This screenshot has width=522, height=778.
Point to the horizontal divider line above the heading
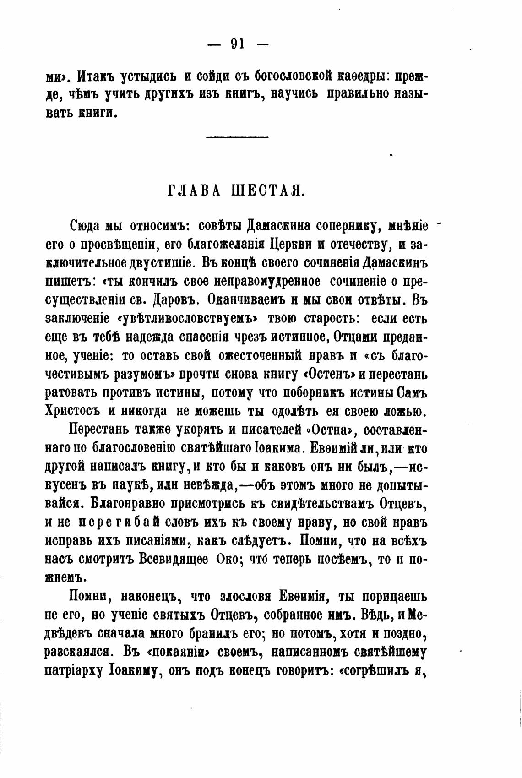[x=237, y=137]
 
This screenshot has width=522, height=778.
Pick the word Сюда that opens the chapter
[x=86, y=226]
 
